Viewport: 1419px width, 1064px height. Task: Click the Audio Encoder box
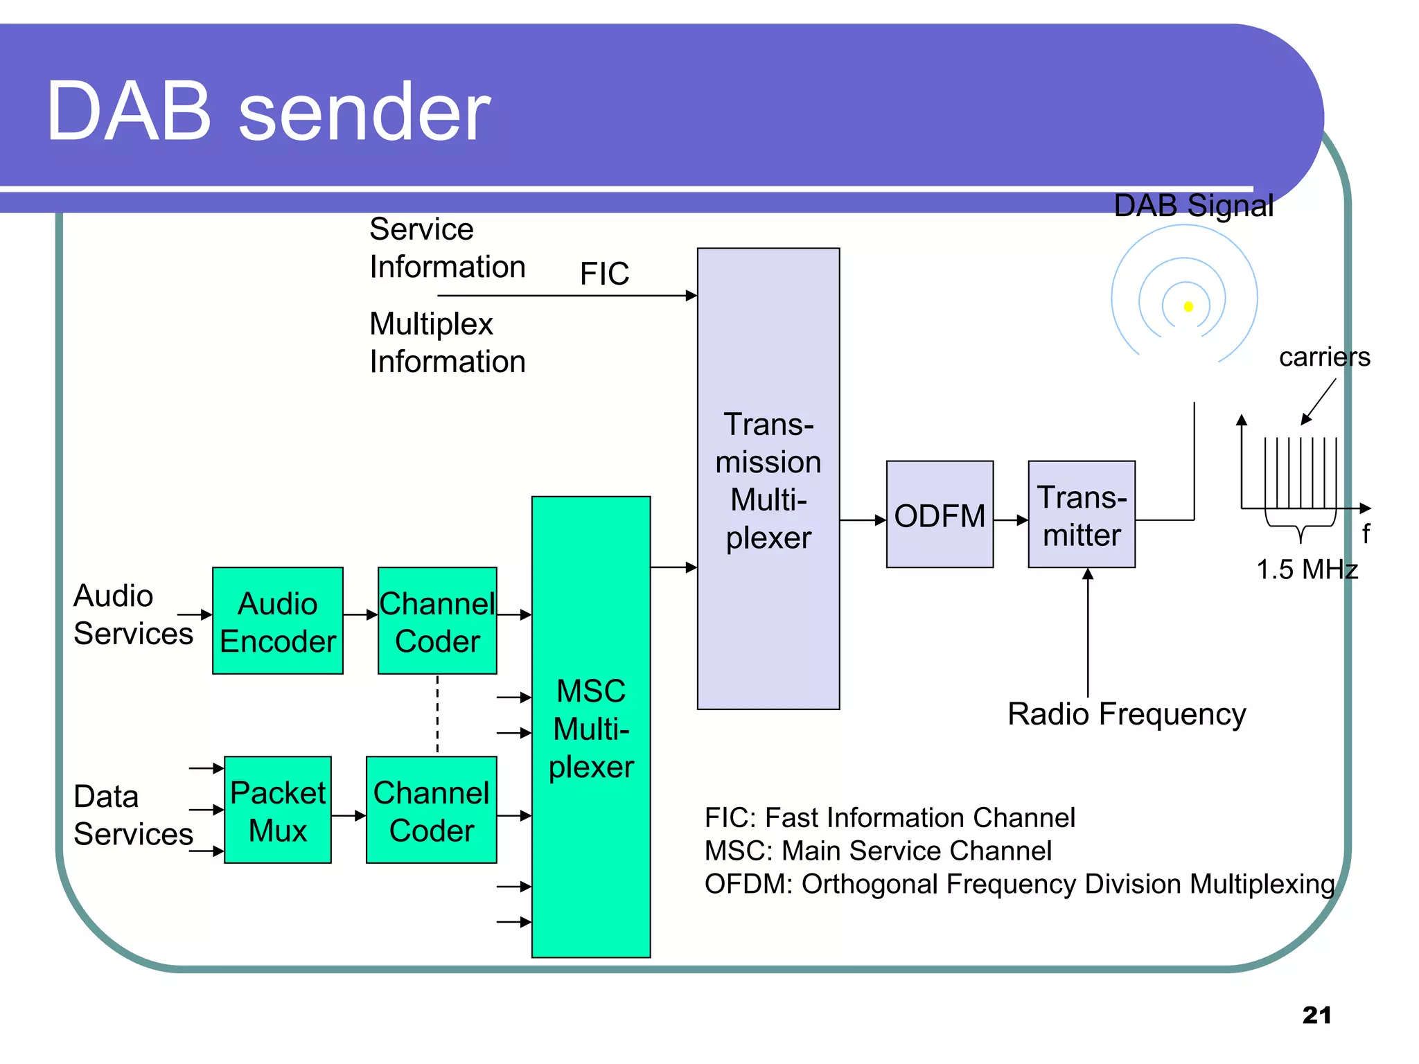click(277, 621)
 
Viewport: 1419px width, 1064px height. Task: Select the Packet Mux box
click(277, 810)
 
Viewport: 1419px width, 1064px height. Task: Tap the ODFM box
click(940, 515)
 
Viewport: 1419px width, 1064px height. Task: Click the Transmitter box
click(1081, 515)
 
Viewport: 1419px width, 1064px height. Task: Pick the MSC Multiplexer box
click(590, 727)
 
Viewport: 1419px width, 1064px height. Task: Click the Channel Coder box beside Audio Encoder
click(437, 621)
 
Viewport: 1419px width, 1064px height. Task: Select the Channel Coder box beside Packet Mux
click(431, 810)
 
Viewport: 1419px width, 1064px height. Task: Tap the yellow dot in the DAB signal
click(1188, 306)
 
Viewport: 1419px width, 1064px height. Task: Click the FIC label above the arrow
click(604, 274)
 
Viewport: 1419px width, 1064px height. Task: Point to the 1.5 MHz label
click(1307, 569)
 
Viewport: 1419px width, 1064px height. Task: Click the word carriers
click(1324, 357)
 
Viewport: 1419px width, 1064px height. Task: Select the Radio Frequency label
click(1127, 714)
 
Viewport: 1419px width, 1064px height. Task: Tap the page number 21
click(1316, 1015)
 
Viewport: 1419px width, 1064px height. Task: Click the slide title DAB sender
click(268, 112)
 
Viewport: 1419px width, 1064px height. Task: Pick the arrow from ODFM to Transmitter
click(1010, 520)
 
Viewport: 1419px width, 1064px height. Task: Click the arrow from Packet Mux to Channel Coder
click(349, 816)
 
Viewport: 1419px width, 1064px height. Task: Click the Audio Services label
click(132, 614)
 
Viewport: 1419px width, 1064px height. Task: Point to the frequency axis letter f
click(1365, 533)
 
